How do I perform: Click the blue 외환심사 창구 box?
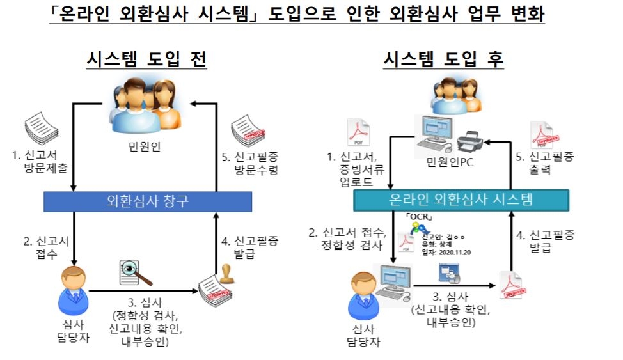148,202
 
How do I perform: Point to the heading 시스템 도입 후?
443,59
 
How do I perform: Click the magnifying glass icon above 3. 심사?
136,274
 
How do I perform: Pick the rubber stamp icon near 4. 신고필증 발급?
225,272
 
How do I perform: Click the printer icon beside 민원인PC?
473,137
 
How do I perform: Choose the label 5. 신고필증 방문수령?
256,161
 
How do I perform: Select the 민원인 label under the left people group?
144,146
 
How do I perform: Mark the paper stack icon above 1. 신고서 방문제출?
43,128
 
